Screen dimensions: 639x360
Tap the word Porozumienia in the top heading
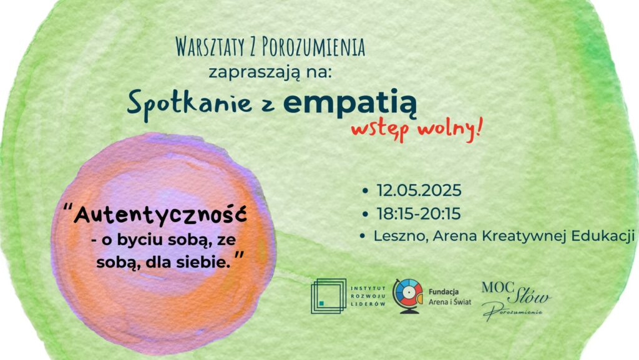(x=313, y=47)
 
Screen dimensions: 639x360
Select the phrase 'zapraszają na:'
(x=270, y=73)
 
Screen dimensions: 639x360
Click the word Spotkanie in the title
(x=190, y=104)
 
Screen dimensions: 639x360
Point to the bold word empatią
(x=349, y=104)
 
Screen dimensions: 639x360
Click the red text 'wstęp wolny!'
(x=416, y=130)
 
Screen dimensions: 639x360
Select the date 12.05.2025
(x=419, y=190)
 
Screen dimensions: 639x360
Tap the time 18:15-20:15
(x=418, y=214)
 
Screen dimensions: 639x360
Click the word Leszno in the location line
(x=401, y=236)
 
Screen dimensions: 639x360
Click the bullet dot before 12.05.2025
(x=364, y=190)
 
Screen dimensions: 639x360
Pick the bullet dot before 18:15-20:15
(x=364, y=214)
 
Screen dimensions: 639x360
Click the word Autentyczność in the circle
(x=160, y=215)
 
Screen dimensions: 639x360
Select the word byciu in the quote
(x=136, y=240)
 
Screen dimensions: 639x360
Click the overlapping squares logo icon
(x=328, y=296)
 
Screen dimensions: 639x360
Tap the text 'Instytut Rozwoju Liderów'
(x=368, y=296)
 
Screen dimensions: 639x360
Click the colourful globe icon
(x=407, y=296)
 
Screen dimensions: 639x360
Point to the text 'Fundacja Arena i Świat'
(x=449, y=297)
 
